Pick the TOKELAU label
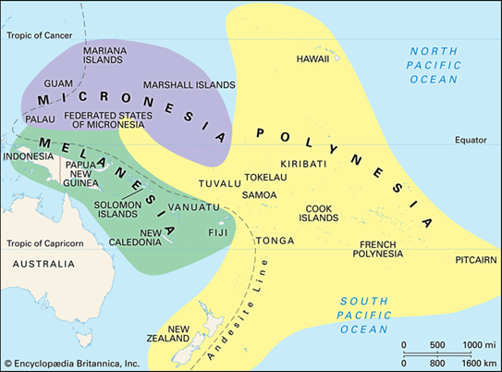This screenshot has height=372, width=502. point(266,176)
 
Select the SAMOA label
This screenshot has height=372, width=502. point(259,195)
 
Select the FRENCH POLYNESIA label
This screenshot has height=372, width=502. point(380,248)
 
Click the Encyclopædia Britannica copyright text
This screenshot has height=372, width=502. point(73,362)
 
